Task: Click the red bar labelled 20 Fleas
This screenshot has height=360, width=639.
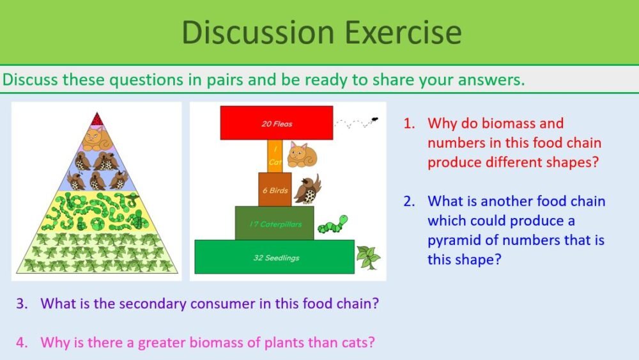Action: point(277,123)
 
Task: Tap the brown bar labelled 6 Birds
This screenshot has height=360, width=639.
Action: point(275,189)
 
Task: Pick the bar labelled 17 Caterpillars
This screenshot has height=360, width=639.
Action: point(274,223)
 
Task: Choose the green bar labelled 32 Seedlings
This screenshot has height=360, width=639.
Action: point(274,257)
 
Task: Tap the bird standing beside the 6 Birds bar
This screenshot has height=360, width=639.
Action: point(308,189)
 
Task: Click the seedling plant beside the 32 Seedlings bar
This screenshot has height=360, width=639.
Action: point(368,257)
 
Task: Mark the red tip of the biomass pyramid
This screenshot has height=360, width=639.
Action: point(96,119)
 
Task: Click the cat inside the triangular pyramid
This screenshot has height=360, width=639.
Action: point(96,137)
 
